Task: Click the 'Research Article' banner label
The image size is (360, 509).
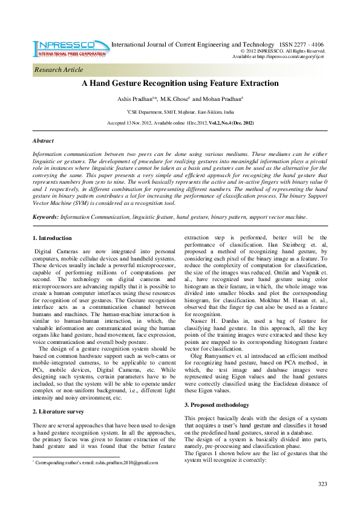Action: click(59, 70)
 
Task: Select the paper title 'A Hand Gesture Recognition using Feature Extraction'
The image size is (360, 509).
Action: click(180, 84)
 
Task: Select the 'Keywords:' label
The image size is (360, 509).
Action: click(45, 216)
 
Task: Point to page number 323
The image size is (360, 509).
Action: click(322, 484)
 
